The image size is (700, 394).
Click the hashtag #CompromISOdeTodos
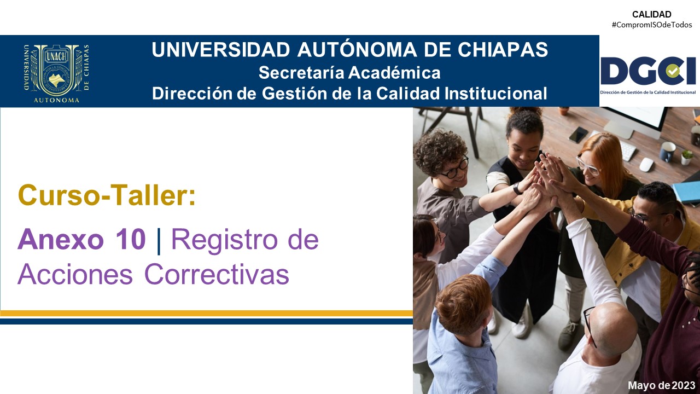pos(652,25)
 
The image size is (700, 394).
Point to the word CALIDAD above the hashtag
pos(652,14)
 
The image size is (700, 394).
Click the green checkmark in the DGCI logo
pos(673,71)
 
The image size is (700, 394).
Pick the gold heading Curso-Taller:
pos(107,195)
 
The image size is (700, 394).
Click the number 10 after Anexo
pos(130,240)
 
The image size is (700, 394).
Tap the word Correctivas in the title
pos(217,274)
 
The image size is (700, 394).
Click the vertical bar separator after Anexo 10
pos(159,241)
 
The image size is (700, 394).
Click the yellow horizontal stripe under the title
pos(206,314)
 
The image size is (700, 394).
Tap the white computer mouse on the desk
pos(646,165)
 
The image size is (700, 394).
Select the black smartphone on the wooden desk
pos(578,135)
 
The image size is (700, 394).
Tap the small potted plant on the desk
pos(687,157)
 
